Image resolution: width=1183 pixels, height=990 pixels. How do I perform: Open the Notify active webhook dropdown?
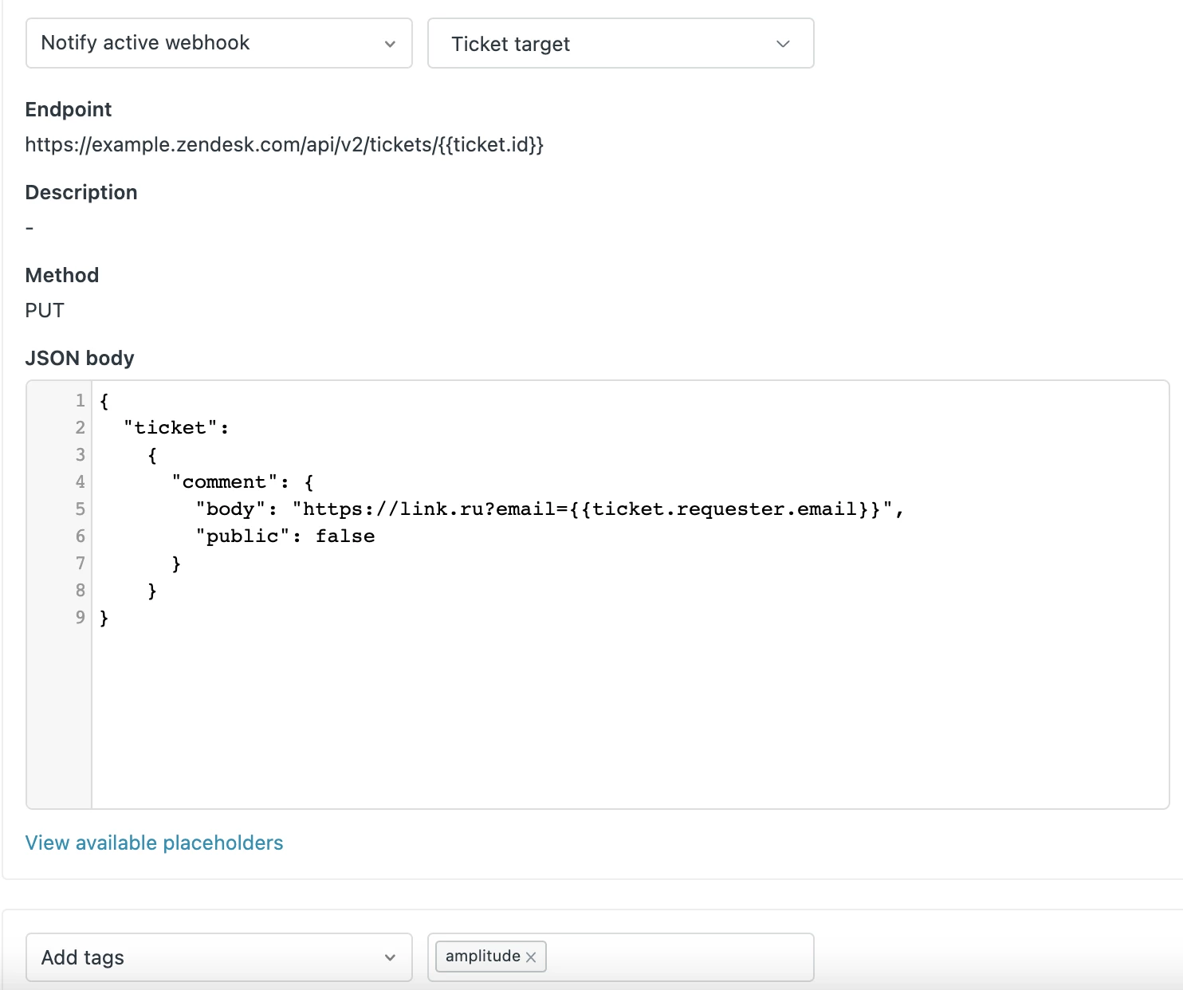218,43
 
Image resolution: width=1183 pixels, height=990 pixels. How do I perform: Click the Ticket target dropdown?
621,43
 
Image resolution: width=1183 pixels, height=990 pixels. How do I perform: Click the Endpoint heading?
69,109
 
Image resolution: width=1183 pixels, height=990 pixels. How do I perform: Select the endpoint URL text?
285,145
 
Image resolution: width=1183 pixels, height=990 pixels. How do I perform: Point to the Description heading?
81,193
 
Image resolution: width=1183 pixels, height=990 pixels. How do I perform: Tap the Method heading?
62,276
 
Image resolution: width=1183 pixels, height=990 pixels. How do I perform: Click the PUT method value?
45,311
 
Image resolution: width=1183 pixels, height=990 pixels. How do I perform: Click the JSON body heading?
80,358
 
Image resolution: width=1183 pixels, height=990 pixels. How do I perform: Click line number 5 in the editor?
81,509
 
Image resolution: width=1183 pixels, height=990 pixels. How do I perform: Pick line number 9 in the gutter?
81,617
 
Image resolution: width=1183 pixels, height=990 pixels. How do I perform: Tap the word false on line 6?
345,536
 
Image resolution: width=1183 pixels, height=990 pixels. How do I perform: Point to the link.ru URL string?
592,509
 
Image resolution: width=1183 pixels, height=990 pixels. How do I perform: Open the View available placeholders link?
154,843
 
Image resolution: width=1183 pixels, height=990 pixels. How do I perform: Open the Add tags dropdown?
218,957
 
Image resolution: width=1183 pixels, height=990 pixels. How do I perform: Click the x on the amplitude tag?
531,957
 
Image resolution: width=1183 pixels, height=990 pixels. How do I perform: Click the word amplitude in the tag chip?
483,957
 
